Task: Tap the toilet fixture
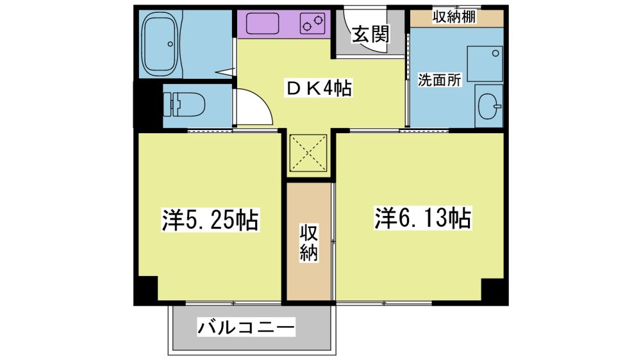click(x=184, y=104)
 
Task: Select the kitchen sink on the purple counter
click(x=262, y=23)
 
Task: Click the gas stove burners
click(x=312, y=23)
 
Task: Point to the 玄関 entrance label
click(x=370, y=35)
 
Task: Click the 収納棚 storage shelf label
click(x=454, y=17)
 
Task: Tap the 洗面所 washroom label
click(x=440, y=80)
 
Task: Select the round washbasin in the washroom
click(x=489, y=106)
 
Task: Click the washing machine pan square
click(x=485, y=64)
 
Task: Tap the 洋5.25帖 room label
click(x=210, y=220)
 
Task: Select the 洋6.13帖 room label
click(x=422, y=218)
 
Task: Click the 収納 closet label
click(x=309, y=243)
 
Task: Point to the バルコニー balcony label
click(x=246, y=327)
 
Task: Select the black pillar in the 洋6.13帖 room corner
click(x=494, y=291)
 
